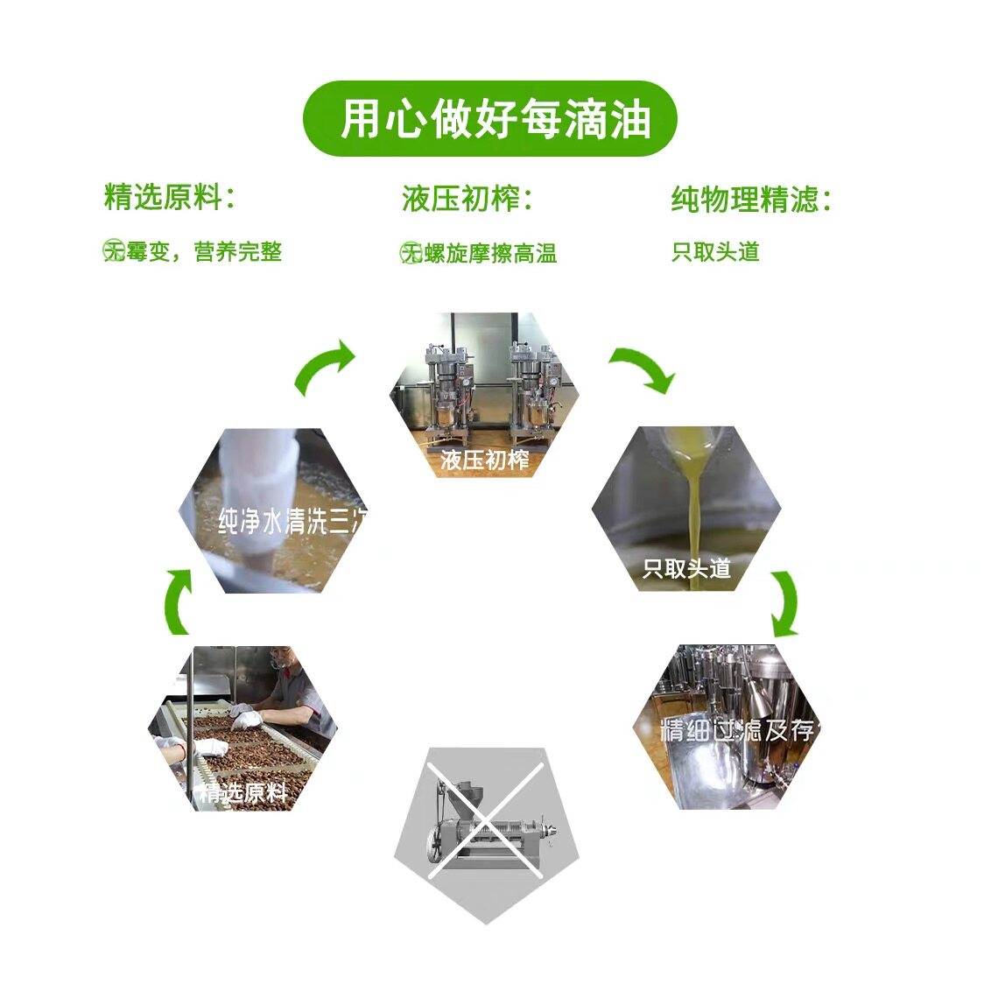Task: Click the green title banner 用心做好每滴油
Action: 490,119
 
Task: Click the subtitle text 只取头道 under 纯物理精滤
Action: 715,252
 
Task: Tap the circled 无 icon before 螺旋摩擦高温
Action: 411,253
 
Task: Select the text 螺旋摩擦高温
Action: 490,253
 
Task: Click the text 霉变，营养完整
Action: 204,252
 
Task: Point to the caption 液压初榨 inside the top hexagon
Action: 484,460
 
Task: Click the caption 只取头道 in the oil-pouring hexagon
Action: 686,569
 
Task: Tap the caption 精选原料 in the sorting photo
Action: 242,793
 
